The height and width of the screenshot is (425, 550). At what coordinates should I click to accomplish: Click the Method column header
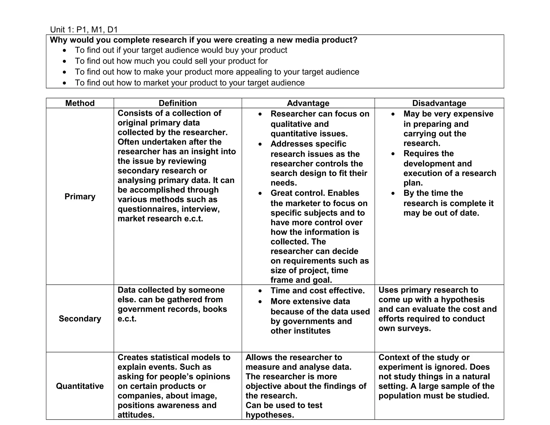(x=80, y=103)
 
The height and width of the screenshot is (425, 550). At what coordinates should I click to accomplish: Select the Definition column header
(x=178, y=103)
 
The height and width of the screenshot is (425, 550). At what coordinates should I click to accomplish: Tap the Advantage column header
(x=308, y=103)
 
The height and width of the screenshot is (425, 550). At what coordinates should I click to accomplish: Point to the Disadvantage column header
(x=439, y=103)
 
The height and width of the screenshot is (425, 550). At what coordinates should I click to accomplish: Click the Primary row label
(x=80, y=196)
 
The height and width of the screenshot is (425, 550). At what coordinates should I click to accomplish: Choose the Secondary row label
(x=80, y=319)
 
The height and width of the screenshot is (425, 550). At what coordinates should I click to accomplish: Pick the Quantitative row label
(x=80, y=386)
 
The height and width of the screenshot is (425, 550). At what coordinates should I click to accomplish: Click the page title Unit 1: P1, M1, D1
(x=84, y=30)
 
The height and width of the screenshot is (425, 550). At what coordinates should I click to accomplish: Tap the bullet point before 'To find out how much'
(x=64, y=62)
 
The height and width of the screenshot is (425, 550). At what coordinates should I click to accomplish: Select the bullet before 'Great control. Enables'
(x=260, y=193)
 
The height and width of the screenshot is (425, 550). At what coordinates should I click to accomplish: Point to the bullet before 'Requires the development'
(x=393, y=154)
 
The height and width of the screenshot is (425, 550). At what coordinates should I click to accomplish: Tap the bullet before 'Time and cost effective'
(x=260, y=291)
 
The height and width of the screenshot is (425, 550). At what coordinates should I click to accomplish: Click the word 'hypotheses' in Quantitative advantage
(x=270, y=415)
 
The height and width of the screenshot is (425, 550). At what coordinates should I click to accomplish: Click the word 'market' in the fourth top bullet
(x=156, y=83)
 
